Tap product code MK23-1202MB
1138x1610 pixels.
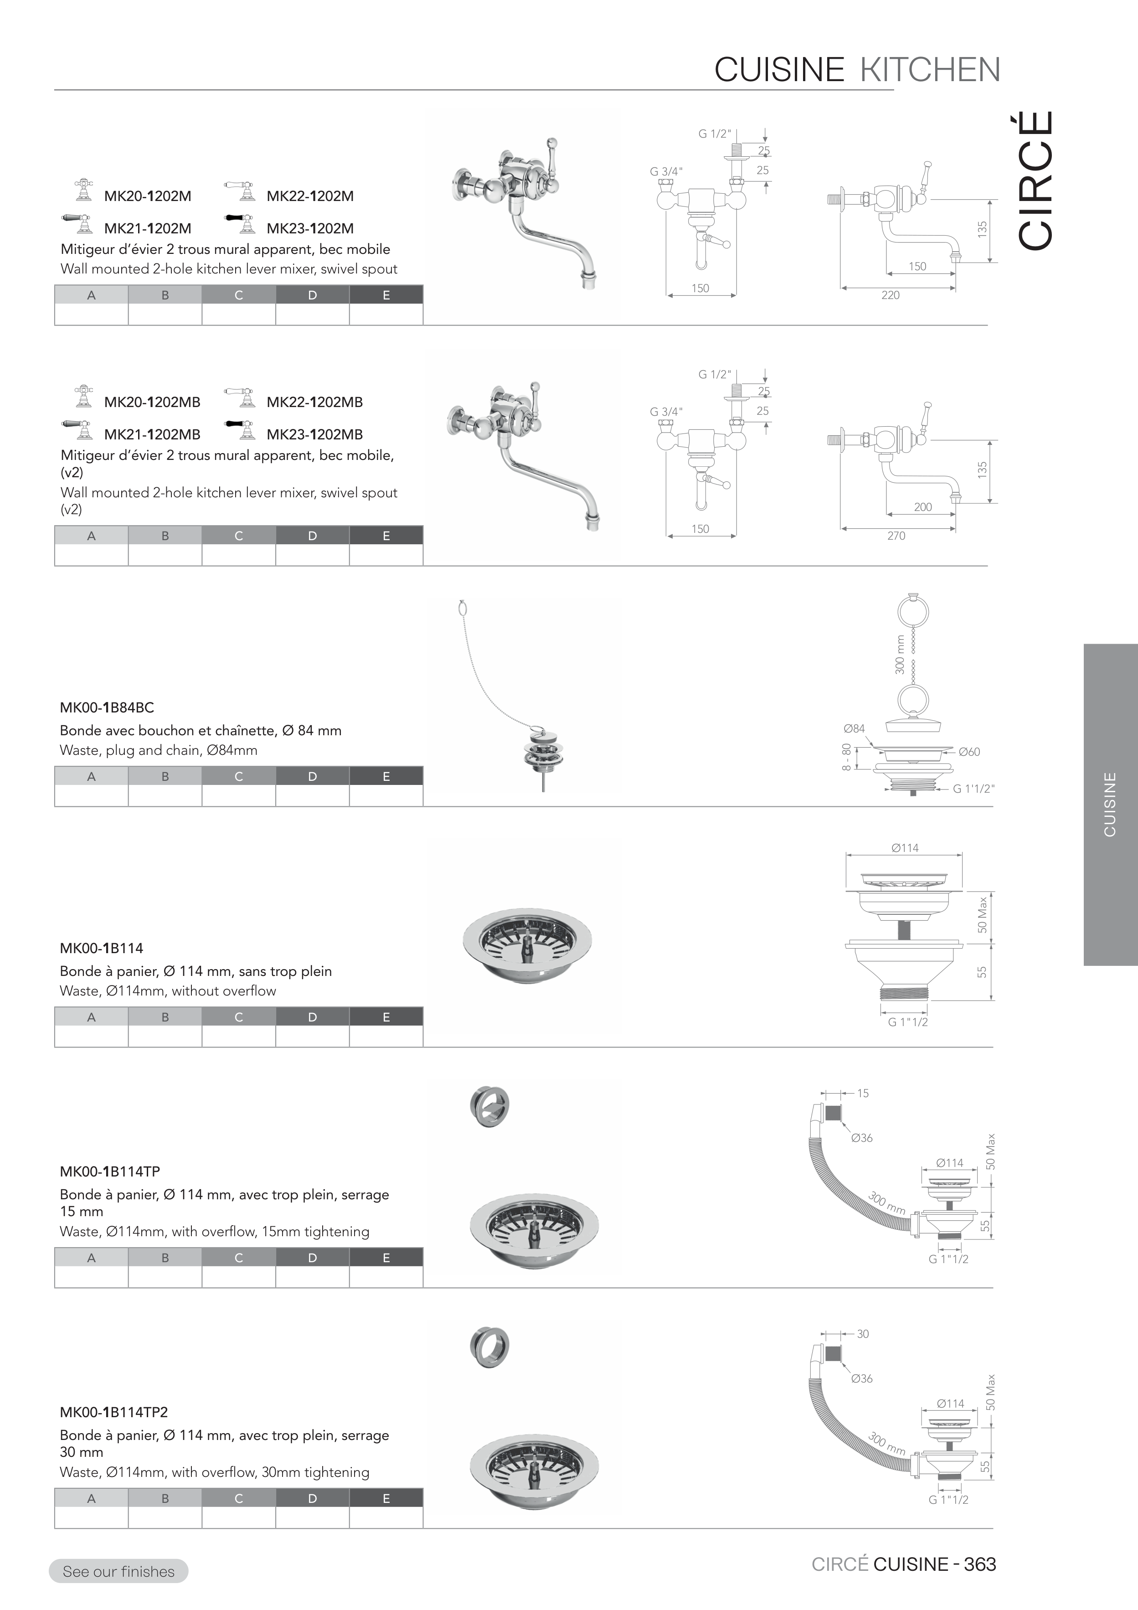[x=315, y=434]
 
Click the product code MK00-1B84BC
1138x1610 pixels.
[x=107, y=707]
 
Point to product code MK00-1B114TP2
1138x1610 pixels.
[x=113, y=1412]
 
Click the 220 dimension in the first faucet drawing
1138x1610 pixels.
[x=891, y=295]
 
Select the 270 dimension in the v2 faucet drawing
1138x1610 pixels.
[x=896, y=536]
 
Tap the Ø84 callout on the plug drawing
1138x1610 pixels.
[x=855, y=728]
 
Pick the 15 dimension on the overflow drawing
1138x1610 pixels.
[x=863, y=1093]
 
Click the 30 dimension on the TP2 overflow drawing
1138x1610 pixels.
[x=863, y=1334]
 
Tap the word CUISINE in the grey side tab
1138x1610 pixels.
[x=1110, y=804]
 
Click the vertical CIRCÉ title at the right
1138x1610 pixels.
[x=1035, y=180]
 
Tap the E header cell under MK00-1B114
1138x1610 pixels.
[x=386, y=1017]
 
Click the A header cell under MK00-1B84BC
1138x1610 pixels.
[x=91, y=776]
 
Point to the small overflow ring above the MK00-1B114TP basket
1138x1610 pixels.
[x=489, y=1106]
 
